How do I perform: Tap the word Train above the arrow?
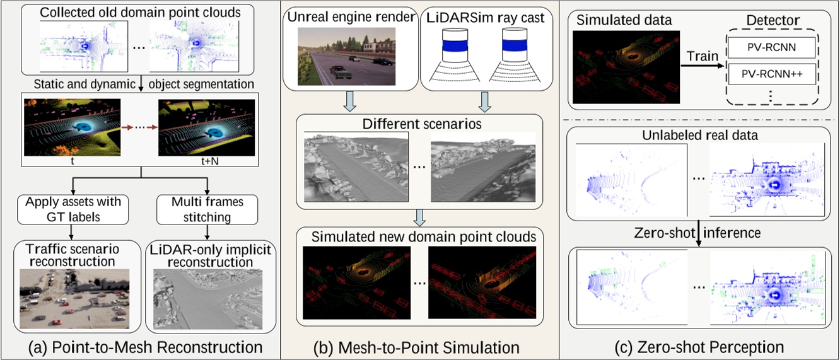click(x=702, y=57)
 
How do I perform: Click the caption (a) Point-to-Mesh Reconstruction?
click(x=141, y=347)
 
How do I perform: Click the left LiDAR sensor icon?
click(x=455, y=55)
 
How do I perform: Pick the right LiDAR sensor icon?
click(x=516, y=55)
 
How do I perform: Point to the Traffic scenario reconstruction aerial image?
click(x=74, y=298)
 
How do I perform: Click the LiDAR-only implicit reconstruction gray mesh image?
click(x=209, y=298)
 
